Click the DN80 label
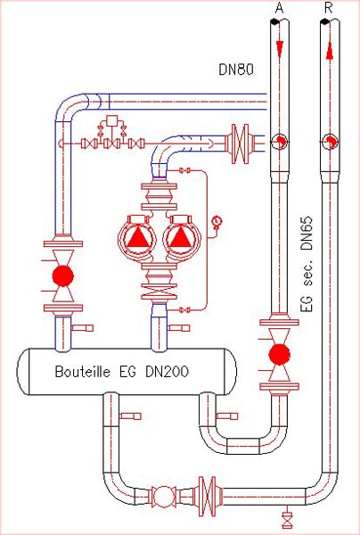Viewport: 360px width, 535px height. coord(236,70)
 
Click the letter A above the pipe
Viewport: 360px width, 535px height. coord(279,9)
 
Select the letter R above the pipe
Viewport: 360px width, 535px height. coord(329,9)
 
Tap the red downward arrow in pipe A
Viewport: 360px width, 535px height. coord(280,49)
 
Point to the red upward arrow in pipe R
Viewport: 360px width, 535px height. coord(330,53)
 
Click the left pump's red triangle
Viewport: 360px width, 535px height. coord(137,237)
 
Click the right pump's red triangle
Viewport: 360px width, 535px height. coord(180,237)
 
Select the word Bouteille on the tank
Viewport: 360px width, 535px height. coord(83,371)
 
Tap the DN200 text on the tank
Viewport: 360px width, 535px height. coord(167,371)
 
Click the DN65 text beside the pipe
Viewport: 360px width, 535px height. coord(307,233)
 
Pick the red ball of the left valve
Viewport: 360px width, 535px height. coord(63,276)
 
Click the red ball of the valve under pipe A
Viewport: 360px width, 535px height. coord(279,355)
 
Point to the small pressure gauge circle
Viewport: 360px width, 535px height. coord(217,221)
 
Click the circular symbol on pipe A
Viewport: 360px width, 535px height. coord(279,141)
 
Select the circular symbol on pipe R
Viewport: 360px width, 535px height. coord(330,141)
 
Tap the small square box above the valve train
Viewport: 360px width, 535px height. coord(111,120)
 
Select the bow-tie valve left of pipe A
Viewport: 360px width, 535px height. coord(240,144)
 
